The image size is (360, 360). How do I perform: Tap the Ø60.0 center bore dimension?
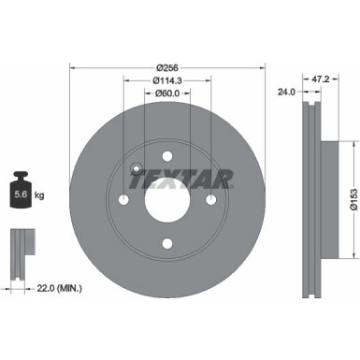coord(168,94)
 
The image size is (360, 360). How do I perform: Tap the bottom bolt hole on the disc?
coord(167,244)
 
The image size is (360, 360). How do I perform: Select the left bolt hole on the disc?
coord(124,201)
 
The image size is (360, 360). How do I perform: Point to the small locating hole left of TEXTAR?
coord(137,170)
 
